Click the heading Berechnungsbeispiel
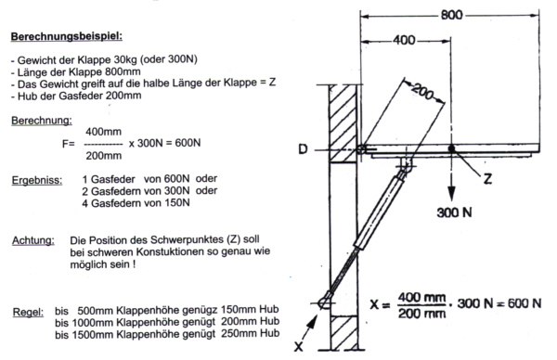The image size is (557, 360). point(67,36)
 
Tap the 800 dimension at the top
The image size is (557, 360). point(451,15)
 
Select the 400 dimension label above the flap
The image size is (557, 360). point(404,40)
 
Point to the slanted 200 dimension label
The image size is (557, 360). point(423,92)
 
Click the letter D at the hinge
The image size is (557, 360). point(303,149)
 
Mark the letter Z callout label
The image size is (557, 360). point(487,178)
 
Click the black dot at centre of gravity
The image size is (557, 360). point(451,148)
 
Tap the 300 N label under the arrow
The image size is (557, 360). point(454,212)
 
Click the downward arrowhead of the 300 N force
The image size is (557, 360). point(451,194)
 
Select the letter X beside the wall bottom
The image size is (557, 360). point(299,346)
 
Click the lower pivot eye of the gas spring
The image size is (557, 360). point(324,302)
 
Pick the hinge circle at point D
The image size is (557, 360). point(361,149)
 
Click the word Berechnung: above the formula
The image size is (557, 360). point(42,121)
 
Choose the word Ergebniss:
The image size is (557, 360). point(37,180)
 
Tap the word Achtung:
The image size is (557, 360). point(33,240)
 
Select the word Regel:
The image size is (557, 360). point(28,313)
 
